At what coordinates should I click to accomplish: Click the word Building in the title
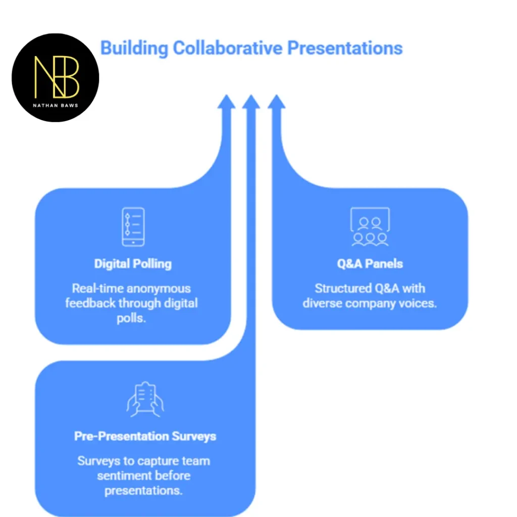pos(134,48)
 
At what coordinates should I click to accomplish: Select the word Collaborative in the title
pos(228,48)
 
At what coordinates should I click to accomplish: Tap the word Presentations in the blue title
pos(345,48)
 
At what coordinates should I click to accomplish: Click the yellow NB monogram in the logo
pos(57,77)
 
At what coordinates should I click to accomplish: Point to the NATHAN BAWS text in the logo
pos(56,106)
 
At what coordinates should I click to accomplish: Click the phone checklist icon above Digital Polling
pos(133,227)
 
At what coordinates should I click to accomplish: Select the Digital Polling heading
pos(133,264)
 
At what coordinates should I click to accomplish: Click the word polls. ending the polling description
pos(131,319)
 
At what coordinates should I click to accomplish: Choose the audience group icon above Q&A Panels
pos(370,227)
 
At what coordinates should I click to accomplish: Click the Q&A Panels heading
pos(370,264)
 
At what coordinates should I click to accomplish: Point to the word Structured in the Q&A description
pos(343,288)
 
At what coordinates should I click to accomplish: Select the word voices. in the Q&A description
pos(418,303)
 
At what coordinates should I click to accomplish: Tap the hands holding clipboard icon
pos(145,399)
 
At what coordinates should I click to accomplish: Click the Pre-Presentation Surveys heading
pos(145,436)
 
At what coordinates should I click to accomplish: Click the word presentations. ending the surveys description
pos(143,491)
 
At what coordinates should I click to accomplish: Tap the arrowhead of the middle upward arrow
pos(251,101)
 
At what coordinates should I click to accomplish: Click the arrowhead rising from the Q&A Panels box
pos(276,101)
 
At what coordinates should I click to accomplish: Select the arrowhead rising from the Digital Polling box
pos(226,101)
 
